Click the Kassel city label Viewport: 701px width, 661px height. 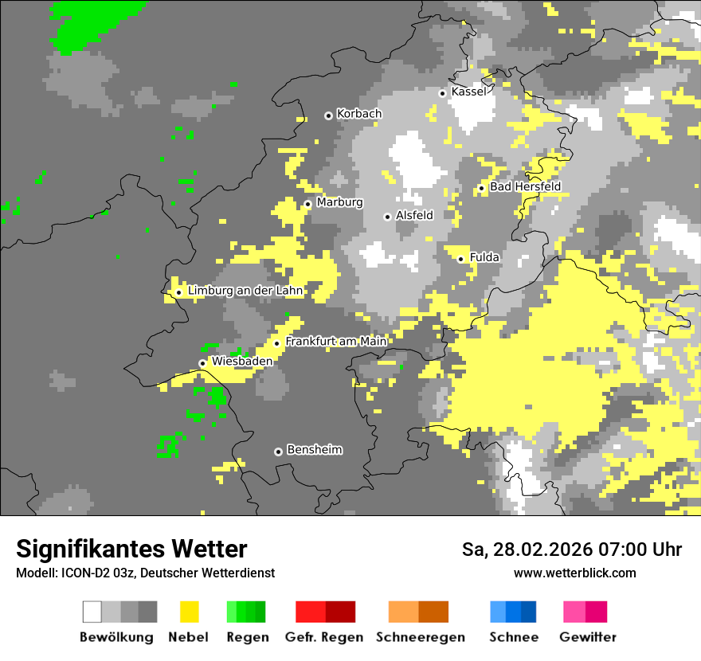click(x=468, y=92)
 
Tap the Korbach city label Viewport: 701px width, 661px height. click(x=359, y=114)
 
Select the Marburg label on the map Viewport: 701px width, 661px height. click(x=339, y=202)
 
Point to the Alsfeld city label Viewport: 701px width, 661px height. click(x=414, y=215)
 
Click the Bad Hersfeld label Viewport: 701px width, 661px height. click(x=525, y=186)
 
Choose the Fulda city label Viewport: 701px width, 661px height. click(x=484, y=257)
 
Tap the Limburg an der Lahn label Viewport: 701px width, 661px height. click(x=245, y=291)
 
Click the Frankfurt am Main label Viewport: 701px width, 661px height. click(x=335, y=342)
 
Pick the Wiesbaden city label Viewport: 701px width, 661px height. click(x=242, y=362)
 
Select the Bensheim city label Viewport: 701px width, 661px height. click(x=314, y=450)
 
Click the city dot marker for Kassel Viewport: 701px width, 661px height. click(x=443, y=93)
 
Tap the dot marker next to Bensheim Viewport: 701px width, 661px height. click(x=278, y=452)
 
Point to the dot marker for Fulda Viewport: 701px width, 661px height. click(x=460, y=259)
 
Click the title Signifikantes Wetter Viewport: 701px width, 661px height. click(x=131, y=549)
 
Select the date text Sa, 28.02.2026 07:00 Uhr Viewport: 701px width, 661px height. click(x=572, y=550)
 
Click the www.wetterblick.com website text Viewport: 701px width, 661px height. click(x=575, y=573)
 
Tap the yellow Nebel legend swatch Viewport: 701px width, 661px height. click(x=189, y=612)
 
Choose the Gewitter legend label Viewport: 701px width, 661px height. click(x=588, y=637)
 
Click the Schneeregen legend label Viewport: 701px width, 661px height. click(x=420, y=637)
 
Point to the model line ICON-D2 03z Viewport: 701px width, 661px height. click(x=145, y=573)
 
